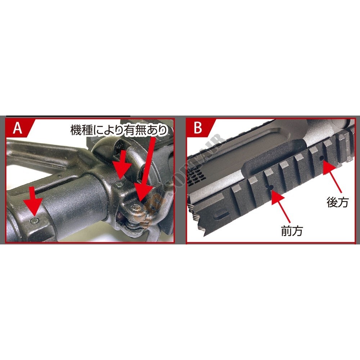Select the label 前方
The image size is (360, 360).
coord(292,231)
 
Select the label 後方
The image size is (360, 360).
coord(337,202)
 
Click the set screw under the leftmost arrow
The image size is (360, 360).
coord(35,221)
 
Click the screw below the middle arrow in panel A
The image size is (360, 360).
coord(119,185)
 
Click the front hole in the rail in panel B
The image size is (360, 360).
coord(271,187)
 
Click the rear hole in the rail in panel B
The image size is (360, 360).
coord(321,158)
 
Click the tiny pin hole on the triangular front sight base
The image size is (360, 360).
coord(60,176)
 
